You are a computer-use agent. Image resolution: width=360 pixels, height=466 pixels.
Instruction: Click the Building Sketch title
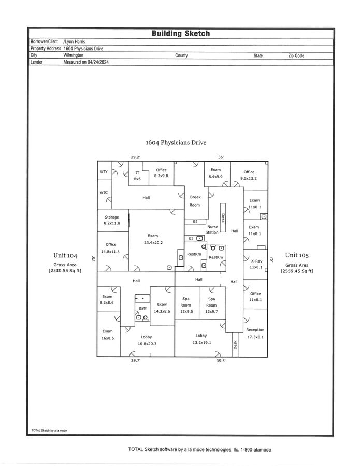pos(180,33)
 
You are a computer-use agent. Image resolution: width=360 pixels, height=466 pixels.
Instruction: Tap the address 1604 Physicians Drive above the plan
pos(176,142)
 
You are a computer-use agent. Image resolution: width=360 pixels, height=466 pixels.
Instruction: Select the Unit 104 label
pos(65,255)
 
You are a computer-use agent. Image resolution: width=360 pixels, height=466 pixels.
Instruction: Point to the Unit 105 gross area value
pos(297,271)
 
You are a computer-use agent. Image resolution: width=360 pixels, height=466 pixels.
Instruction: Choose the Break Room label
pos(195,201)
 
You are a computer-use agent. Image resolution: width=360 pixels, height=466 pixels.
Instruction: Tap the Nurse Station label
pos(212,229)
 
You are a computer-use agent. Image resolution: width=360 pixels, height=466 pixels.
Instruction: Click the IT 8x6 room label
pos(137,176)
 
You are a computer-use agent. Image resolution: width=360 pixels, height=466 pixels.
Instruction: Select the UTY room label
pos(104,171)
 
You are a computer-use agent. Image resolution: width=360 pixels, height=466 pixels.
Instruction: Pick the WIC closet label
pos(104,192)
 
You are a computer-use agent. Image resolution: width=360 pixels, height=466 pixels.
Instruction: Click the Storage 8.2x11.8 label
pos(112,220)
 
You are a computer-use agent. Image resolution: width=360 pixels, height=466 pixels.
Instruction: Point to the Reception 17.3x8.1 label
pos(255,333)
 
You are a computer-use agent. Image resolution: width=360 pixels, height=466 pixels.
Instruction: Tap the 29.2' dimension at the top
pos(136,157)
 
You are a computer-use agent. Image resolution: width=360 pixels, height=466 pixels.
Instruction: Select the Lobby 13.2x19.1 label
pos(201,339)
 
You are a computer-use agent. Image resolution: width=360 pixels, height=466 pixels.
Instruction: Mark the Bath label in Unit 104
pos(142,308)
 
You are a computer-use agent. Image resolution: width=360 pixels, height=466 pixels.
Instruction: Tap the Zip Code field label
pos(296,55)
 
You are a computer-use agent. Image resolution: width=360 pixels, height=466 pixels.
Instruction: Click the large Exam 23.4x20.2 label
pos(153,239)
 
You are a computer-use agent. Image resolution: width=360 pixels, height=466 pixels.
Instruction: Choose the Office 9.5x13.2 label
pos(249,175)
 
